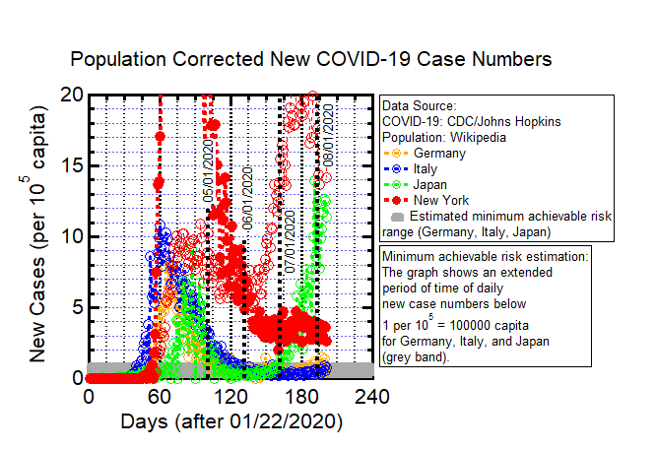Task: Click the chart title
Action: click(311, 59)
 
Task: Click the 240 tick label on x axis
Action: click(370, 397)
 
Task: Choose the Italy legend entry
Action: click(431, 168)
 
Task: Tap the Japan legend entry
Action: click(435, 184)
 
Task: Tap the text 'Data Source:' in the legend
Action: click(419, 105)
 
